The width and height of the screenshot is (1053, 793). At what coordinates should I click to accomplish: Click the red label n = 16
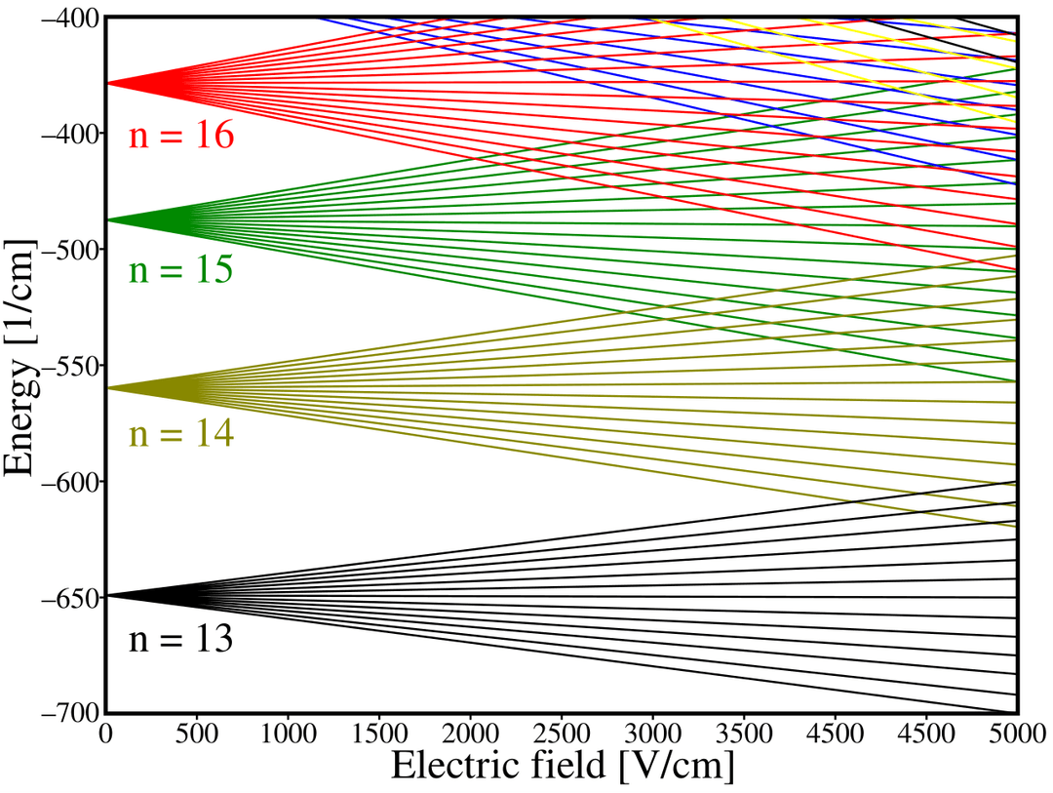point(181,136)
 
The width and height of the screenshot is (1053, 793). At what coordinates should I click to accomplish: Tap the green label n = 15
point(181,269)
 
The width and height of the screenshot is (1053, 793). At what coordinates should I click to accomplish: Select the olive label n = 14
point(181,434)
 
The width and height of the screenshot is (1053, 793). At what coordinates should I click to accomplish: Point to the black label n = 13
point(181,640)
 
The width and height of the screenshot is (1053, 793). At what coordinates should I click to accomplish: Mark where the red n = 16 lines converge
point(108,83)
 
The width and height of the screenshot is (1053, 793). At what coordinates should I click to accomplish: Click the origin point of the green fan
point(108,220)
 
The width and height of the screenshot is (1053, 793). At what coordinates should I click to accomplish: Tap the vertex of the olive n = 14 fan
point(108,388)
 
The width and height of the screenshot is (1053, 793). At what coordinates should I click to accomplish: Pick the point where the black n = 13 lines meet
point(108,595)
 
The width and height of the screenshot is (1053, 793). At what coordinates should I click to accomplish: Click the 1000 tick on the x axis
point(288,733)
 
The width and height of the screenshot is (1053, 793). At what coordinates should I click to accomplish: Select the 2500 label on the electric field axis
point(562,733)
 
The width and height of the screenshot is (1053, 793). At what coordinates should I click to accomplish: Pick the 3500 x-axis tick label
point(744,733)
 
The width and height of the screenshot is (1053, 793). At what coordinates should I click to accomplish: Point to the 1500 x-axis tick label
point(379,733)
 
